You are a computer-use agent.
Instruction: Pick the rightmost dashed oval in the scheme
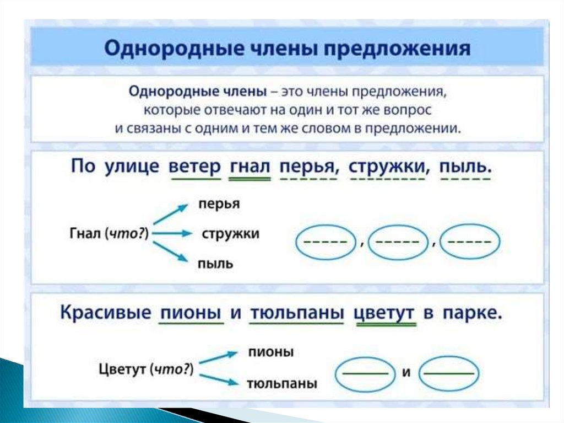tap(471, 242)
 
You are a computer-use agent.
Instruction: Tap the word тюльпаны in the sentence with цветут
tap(297, 313)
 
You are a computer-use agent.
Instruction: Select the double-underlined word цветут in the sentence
tap(384, 313)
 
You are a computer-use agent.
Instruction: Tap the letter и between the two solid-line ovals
tap(407, 372)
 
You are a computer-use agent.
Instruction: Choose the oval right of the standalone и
tap(450, 373)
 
